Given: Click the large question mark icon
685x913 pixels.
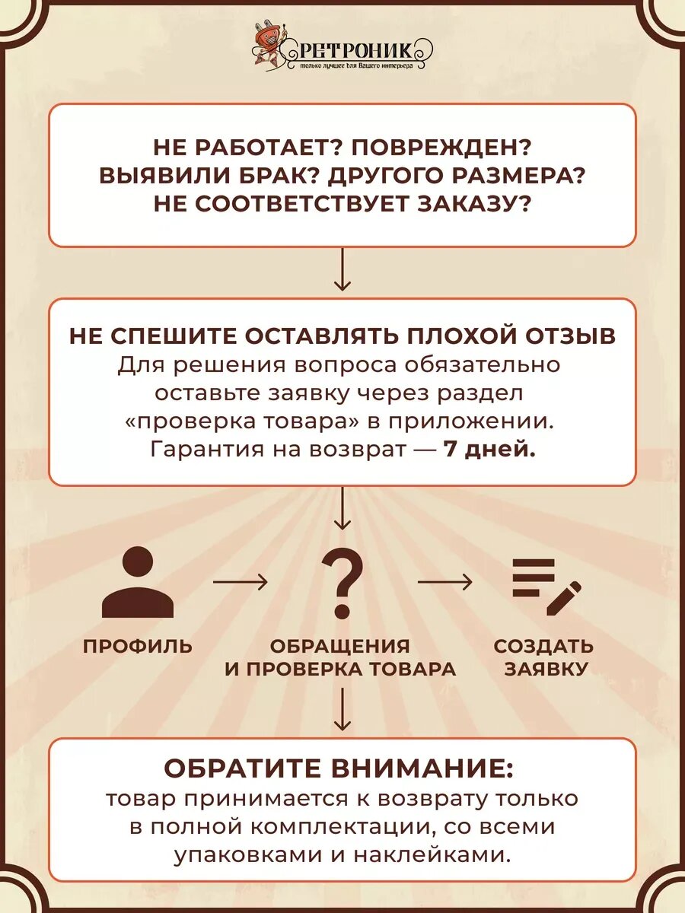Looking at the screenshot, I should (x=342, y=583).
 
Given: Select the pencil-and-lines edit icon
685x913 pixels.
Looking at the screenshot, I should (x=546, y=586).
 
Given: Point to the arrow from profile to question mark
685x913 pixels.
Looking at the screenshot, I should (x=240, y=583).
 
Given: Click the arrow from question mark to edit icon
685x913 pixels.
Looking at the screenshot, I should (x=444, y=583).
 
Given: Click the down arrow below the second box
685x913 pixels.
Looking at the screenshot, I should (x=342, y=508).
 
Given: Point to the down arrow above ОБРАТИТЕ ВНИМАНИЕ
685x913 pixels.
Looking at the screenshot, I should (x=342, y=709).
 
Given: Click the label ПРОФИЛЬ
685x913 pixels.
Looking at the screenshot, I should (x=138, y=647).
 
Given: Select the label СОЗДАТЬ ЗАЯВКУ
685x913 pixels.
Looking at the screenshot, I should (x=543, y=657).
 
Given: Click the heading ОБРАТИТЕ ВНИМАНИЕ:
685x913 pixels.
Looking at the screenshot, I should (x=339, y=768).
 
